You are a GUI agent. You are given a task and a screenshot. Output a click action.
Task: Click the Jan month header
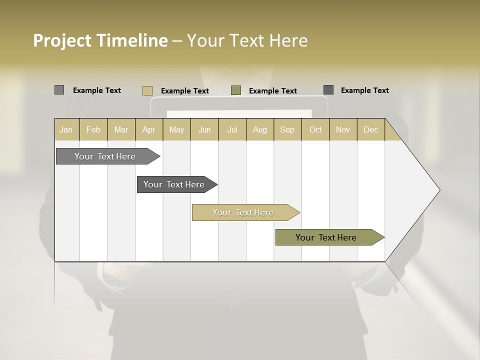[66, 129]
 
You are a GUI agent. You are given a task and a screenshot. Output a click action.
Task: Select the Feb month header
[93, 129]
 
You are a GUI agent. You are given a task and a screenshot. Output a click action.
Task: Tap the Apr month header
[149, 129]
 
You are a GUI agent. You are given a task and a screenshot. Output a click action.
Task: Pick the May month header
[176, 129]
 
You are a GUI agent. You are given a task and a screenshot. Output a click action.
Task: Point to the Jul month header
[232, 129]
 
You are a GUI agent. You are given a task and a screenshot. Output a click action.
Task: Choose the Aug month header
[260, 129]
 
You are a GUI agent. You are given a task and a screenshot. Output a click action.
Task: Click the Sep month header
[287, 129]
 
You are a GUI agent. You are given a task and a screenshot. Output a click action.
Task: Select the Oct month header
[315, 129]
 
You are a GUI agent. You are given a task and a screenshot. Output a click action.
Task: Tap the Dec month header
[371, 129]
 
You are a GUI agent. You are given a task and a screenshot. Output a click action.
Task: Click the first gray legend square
[59, 90]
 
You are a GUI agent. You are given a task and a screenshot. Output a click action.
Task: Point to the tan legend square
[147, 90]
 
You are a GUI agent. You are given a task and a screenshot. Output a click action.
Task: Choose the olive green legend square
[236, 90]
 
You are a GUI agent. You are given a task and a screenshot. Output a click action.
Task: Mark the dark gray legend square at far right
[328, 90]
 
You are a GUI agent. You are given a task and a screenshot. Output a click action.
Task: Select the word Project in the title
[62, 40]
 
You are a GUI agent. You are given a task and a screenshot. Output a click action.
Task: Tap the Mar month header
[121, 129]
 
